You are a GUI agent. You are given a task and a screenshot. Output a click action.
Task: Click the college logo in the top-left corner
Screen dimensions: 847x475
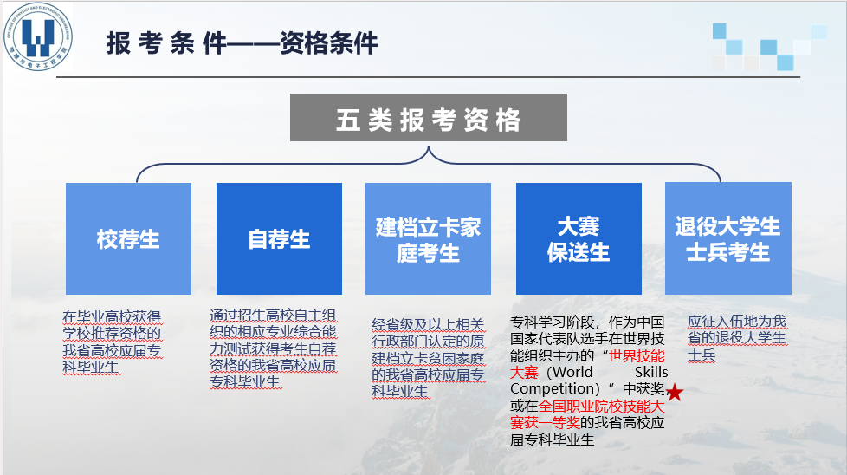tap(38, 36)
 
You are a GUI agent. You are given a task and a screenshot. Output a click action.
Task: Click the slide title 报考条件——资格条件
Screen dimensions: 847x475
tap(242, 43)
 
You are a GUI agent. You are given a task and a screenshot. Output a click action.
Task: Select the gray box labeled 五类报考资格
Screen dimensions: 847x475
tap(429, 117)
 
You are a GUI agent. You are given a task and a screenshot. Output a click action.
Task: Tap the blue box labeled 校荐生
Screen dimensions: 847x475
tap(128, 238)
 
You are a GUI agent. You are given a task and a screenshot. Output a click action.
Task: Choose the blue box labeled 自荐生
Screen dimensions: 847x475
tap(279, 238)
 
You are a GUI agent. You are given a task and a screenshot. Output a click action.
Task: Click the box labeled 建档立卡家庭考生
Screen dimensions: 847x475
tap(429, 238)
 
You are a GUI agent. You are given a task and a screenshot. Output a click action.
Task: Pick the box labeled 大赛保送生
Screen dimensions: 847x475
tap(579, 238)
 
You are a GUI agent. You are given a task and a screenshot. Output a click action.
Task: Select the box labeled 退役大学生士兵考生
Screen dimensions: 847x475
tap(728, 238)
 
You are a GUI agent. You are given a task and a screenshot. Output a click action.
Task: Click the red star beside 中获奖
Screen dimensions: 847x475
tap(675, 393)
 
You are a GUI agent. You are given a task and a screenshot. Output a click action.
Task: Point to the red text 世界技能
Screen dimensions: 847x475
tap(637, 356)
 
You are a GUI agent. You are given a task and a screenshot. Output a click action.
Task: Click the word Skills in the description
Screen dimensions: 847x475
tap(651, 373)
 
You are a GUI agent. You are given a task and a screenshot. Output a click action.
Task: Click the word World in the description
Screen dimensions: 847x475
tap(572, 373)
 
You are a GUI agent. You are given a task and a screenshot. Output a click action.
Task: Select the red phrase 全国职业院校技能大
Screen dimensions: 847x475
tap(601, 407)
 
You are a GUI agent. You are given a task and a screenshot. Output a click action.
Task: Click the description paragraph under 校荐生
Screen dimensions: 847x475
tap(112, 342)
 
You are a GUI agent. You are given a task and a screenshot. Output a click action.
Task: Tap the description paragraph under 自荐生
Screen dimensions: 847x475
tap(273, 348)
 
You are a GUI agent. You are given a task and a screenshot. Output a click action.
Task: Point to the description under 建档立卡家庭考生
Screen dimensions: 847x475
tap(429, 358)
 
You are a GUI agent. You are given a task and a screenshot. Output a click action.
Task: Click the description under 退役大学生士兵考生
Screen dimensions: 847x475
tap(737, 338)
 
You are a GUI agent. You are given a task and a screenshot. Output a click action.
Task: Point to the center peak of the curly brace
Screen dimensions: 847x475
tap(429, 146)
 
